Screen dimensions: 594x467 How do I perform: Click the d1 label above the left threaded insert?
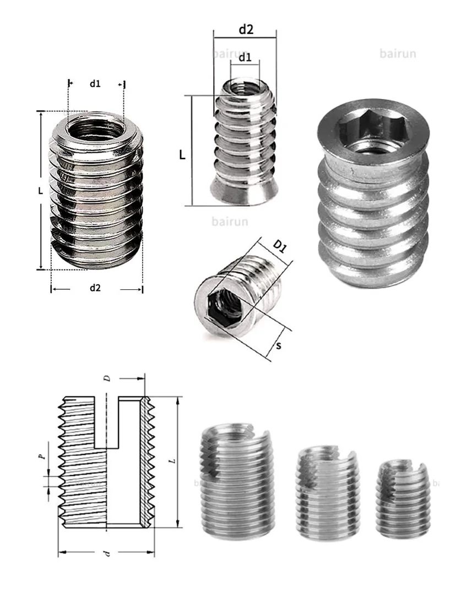[95, 84]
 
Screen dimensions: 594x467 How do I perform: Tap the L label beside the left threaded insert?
[40, 191]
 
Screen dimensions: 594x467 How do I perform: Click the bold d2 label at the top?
[246, 30]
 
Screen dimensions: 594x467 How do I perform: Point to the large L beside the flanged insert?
[182, 154]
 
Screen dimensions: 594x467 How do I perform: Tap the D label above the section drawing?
[108, 378]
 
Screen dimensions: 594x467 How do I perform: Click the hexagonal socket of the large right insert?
[372, 131]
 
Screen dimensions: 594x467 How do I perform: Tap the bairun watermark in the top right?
[398, 54]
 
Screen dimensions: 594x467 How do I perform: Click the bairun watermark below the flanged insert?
[230, 222]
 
